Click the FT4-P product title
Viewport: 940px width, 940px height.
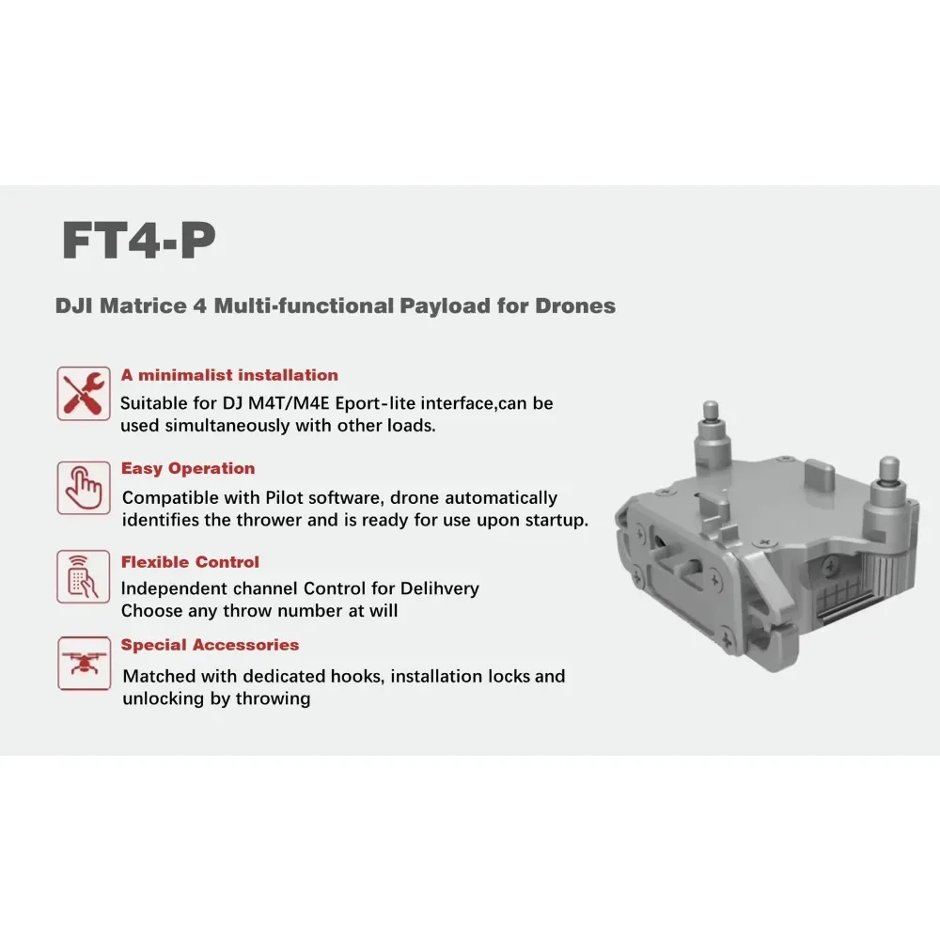click(x=138, y=241)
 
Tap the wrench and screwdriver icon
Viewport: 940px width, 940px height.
click(x=84, y=393)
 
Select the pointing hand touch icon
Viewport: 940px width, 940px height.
click(x=84, y=487)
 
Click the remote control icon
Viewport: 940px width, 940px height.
click(x=84, y=576)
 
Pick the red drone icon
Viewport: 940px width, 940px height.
click(x=84, y=663)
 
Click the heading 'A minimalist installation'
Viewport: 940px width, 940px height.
click(x=229, y=375)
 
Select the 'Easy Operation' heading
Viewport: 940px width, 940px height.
click(x=188, y=468)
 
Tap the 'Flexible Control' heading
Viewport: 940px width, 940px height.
click(x=190, y=562)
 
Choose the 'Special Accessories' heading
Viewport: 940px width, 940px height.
click(x=210, y=645)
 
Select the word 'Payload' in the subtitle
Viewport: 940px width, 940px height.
click(x=445, y=305)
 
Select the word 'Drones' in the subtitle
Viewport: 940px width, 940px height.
click(x=575, y=305)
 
